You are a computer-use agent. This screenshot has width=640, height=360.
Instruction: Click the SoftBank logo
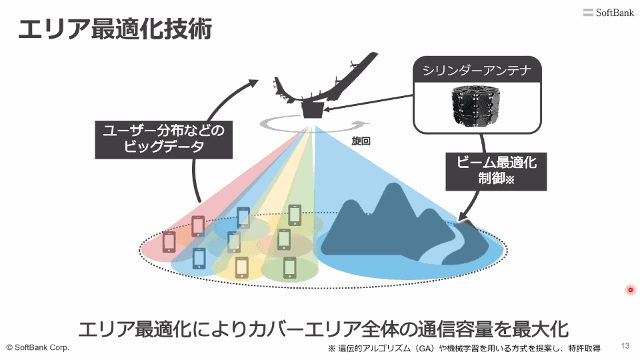608,13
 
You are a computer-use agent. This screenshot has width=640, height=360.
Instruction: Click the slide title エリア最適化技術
115,29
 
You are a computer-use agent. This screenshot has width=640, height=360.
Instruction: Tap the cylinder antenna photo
475,105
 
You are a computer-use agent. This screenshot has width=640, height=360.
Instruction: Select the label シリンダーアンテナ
477,70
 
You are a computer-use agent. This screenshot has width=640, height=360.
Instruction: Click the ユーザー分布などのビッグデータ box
164,139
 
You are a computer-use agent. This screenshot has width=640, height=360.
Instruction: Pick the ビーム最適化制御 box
496,171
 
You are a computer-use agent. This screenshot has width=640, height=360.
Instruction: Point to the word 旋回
361,141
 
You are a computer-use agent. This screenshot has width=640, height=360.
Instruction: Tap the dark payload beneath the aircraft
313,110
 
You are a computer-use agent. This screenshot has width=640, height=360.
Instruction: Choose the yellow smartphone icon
241,268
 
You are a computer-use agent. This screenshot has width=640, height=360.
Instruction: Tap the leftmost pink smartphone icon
169,241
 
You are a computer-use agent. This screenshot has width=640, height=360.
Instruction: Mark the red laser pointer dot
630,290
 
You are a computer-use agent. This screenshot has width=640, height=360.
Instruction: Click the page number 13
625,346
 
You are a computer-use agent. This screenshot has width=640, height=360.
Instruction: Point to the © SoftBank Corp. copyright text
37,348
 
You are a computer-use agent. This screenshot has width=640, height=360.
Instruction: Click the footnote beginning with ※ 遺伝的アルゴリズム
464,349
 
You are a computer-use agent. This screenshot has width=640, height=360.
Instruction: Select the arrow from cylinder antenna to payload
368,103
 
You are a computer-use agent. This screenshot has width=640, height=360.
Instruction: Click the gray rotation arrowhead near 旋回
361,124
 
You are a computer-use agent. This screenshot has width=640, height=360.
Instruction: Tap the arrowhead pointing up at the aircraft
253,83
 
